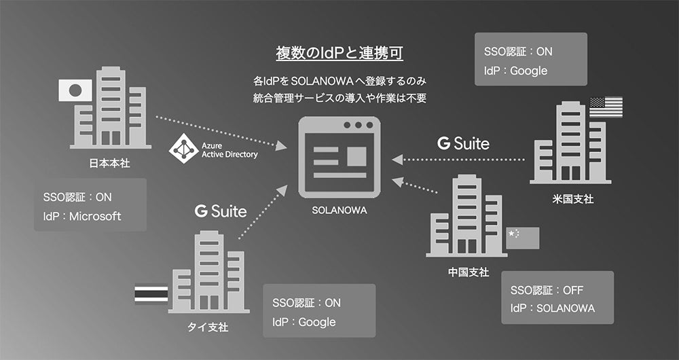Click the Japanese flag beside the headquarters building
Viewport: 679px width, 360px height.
pyautogui.click(x=75, y=90)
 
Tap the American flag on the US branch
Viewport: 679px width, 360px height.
pyautogui.click(x=606, y=107)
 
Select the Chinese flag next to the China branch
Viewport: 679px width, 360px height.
pyautogui.click(x=523, y=237)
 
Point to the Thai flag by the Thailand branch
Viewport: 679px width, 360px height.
pyautogui.click(x=151, y=293)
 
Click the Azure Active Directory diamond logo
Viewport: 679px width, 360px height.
pyautogui.click(x=183, y=149)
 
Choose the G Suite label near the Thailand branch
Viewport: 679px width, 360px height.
pyautogui.click(x=220, y=211)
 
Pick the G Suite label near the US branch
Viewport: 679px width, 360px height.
pyautogui.click(x=463, y=143)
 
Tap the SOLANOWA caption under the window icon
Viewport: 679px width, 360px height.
pyautogui.click(x=339, y=210)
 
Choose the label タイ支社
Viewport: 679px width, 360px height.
pyautogui.click(x=207, y=327)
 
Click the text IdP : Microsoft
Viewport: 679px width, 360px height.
pyautogui.click(x=81, y=216)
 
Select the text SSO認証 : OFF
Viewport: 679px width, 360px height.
pyautogui.click(x=547, y=290)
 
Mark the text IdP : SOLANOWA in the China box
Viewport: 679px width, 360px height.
pyautogui.click(x=553, y=308)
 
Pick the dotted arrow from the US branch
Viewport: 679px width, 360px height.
pyautogui.click(x=462, y=160)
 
